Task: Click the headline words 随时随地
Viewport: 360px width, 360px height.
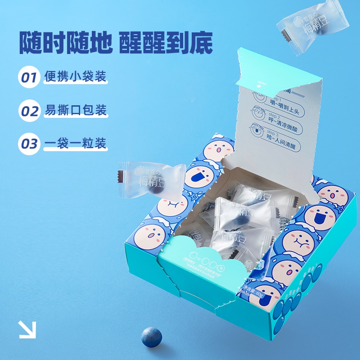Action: point(65,43)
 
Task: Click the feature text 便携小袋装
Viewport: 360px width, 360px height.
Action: point(76,76)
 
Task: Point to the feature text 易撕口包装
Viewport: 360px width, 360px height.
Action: point(76,110)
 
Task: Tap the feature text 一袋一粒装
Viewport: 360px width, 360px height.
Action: point(76,144)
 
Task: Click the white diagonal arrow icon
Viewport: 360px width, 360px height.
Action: point(27,329)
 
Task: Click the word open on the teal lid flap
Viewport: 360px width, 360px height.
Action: point(263,83)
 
